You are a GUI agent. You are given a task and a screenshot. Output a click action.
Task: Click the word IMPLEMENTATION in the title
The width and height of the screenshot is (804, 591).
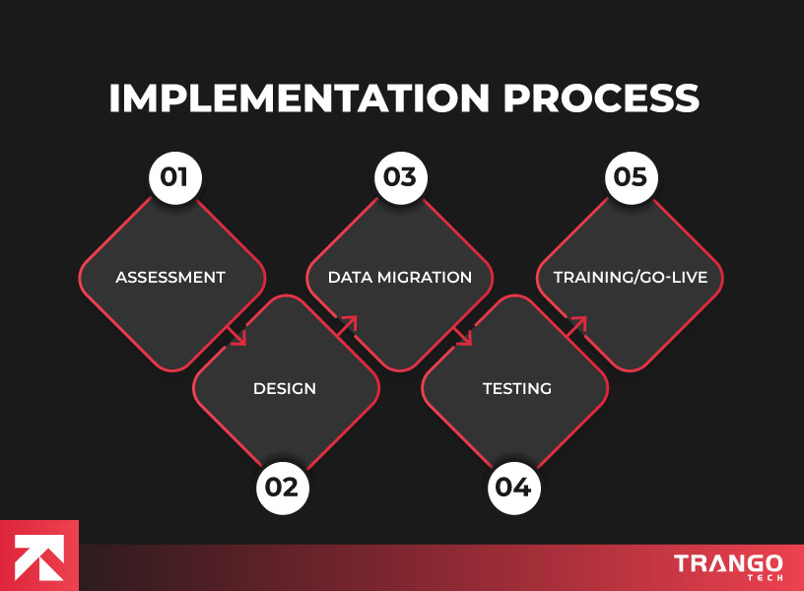click(x=298, y=99)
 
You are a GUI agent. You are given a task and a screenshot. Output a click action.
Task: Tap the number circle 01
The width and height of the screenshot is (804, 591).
click(x=174, y=178)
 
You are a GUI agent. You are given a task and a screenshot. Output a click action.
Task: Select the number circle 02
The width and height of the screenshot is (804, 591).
click(x=284, y=487)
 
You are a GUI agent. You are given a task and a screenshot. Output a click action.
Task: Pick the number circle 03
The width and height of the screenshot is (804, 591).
click(x=400, y=178)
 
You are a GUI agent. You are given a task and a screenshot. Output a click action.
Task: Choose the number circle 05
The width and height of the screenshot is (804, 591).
click(x=631, y=178)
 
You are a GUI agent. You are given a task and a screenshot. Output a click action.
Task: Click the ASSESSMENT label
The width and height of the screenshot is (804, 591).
click(x=170, y=277)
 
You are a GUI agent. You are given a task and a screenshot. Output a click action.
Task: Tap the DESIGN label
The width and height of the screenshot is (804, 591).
click(x=285, y=388)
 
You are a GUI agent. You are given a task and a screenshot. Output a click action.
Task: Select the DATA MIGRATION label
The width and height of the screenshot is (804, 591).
click(x=400, y=277)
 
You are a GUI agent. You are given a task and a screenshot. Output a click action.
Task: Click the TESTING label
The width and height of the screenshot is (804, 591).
click(x=516, y=388)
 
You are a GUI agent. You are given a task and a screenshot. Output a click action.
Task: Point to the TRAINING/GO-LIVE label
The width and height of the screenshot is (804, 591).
click(x=631, y=277)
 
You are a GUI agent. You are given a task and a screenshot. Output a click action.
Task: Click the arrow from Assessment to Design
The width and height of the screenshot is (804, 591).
click(x=237, y=336)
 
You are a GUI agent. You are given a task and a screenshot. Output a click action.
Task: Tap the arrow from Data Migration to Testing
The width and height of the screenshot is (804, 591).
click(x=464, y=336)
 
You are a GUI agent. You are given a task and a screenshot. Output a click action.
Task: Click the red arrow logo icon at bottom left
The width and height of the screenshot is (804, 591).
click(x=39, y=556)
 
